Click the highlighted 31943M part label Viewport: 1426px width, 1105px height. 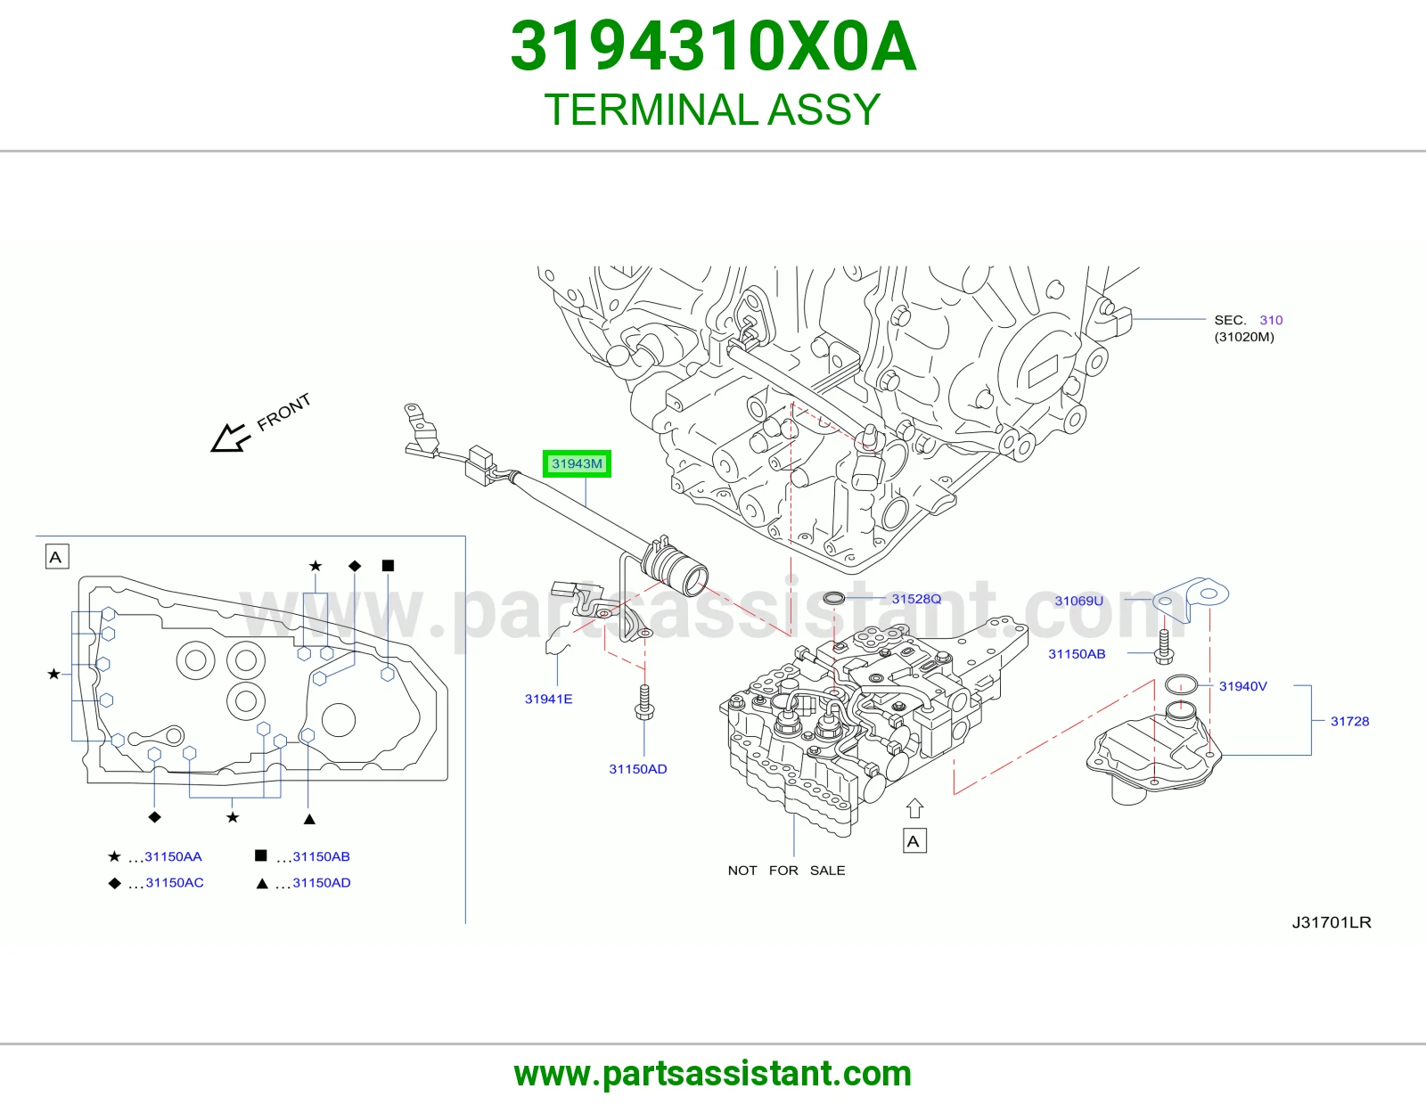click(577, 464)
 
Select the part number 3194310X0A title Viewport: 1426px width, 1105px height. click(713, 46)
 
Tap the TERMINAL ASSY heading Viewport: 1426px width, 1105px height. click(712, 110)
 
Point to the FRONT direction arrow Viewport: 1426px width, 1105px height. click(230, 438)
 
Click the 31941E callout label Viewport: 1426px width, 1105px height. click(549, 699)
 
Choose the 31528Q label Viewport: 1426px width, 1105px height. click(916, 599)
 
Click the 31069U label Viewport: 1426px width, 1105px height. click(1078, 601)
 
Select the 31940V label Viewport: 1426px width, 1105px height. click(1243, 685)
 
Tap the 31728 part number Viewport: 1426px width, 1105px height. click(1350, 721)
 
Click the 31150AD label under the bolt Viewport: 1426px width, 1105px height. click(638, 769)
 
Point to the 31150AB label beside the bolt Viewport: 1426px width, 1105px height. click(1077, 653)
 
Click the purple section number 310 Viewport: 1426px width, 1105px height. click(1271, 320)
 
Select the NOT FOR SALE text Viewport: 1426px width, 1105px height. click(786, 871)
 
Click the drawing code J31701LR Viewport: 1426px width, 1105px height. click(1332, 922)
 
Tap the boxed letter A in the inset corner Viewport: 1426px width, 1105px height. click(57, 557)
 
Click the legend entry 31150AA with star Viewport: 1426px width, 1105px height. click(155, 856)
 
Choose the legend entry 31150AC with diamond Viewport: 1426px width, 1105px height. click(156, 882)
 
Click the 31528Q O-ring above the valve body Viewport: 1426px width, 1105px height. click(833, 598)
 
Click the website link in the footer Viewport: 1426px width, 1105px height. click(713, 1074)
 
